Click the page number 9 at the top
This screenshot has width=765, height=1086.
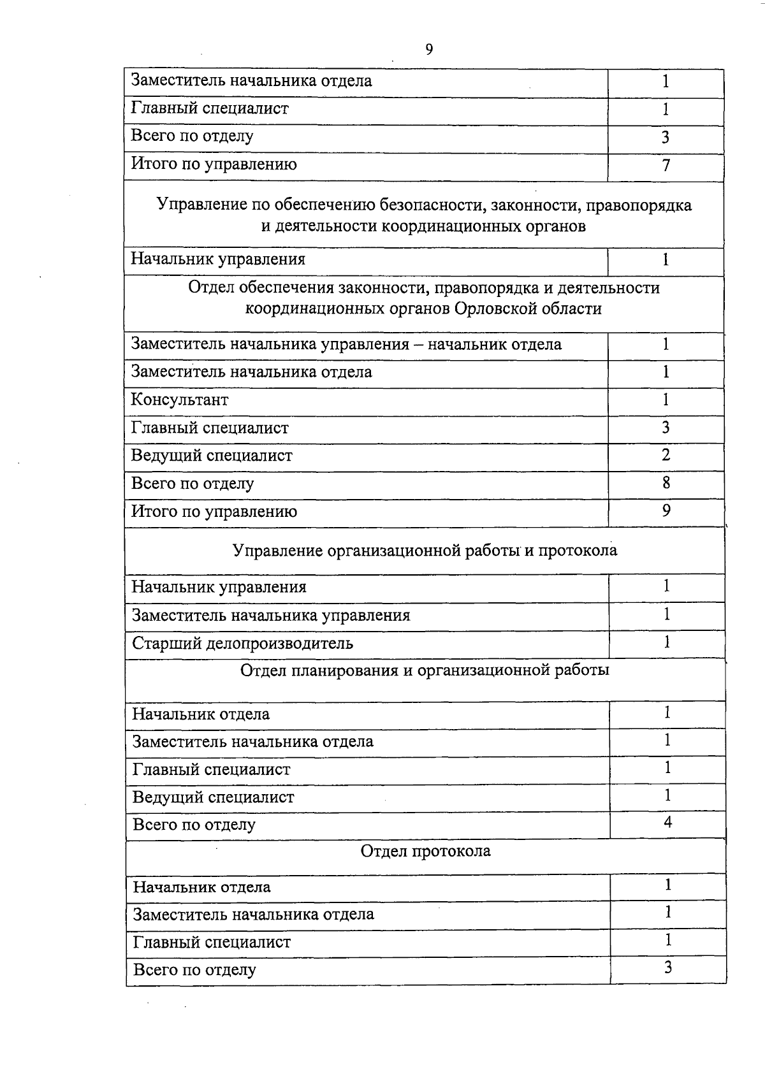pos(429,50)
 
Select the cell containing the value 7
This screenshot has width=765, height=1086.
pos(666,166)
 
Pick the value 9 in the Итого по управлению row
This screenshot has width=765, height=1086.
pos(666,510)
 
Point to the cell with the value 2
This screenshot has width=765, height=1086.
pos(666,455)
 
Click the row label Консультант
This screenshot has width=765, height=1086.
pos(180,400)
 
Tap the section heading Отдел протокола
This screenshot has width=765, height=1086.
pos(425,851)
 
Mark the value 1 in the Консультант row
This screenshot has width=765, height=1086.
pos(666,400)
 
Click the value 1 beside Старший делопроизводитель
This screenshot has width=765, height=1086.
pos(667,642)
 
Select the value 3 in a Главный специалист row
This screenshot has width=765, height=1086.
pos(666,427)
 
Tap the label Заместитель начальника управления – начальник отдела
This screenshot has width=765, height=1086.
pos(346,345)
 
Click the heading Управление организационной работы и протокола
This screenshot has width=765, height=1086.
pos(425,550)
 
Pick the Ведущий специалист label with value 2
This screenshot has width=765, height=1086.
pos(212,456)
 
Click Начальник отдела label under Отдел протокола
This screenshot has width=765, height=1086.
pos(201,887)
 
